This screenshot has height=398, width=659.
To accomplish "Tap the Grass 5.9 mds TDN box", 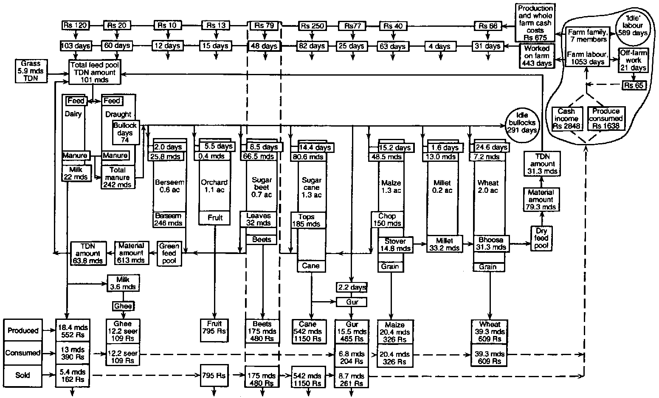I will (x=30, y=71).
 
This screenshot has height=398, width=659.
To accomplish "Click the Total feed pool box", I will (x=95, y=72).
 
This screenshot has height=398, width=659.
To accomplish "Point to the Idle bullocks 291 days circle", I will (x=521, y=123).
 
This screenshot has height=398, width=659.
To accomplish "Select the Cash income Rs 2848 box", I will (x=566, y=119).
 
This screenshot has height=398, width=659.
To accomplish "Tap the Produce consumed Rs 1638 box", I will (x=605, y=119).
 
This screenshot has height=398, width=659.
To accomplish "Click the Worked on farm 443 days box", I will (x=536, y=56).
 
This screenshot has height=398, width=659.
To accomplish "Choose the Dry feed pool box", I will (x=541, y=238).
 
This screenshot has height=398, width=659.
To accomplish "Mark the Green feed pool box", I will (x=169, y=254).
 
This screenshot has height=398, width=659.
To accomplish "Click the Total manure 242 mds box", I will (x=118, y=177).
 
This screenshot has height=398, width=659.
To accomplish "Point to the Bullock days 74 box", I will (x=125, y=133).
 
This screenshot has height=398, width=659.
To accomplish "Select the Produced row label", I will (x=23, y=330).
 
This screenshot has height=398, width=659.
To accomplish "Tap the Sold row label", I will (x=23, y=375).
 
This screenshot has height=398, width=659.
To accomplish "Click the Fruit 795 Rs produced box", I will (x=215, y=330).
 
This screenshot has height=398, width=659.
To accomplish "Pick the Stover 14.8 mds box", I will (x=395, y=245).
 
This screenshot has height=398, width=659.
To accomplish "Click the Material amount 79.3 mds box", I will (x=541, y=200).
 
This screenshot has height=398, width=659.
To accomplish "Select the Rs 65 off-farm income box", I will (x=634, y=85).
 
